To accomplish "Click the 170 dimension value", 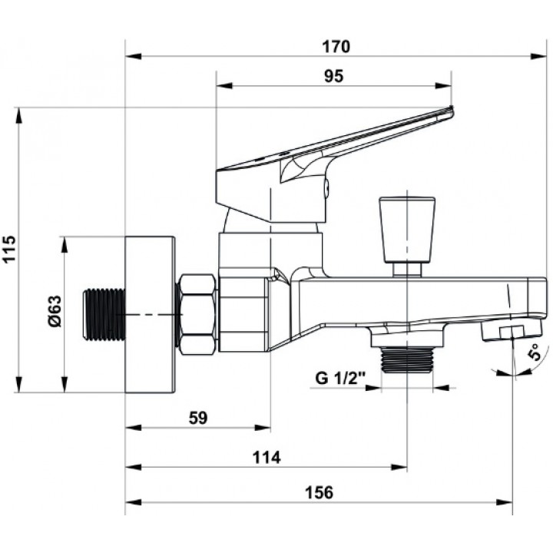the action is coord(336,47).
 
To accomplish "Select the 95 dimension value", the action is coord(333,76).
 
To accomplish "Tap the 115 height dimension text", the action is coord(9,249).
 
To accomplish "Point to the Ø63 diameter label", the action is coord(55,311).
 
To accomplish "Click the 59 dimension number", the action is coord(198,418).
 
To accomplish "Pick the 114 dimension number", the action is coord(267,458).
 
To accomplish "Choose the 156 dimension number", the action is coord(319,492).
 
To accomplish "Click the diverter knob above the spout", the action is coord(406,236).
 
